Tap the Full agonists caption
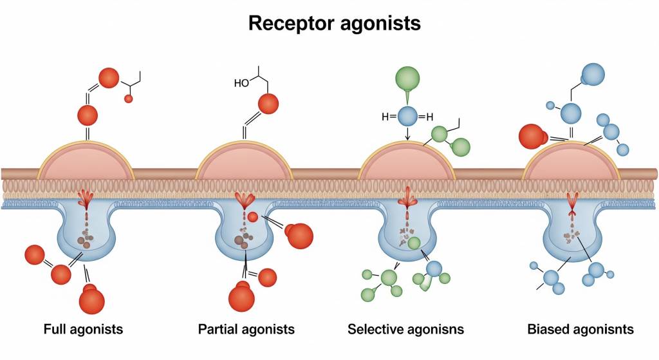[x=83, y=330]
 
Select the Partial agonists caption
[x=246, y=330]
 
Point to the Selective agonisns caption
[x=405, y=330]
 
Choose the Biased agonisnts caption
[x=580, y=330]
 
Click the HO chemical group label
[x=242, y=83]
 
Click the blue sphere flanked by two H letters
[x=408, y=117]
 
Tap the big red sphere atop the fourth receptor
[x=532, y=136]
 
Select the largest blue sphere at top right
[x=593, y=75]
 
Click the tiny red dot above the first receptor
[x=128, y=99]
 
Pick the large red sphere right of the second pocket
[x=299, y=236]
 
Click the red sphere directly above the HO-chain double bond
[x=268, y=103]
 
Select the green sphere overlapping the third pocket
[x=413, y=243]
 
